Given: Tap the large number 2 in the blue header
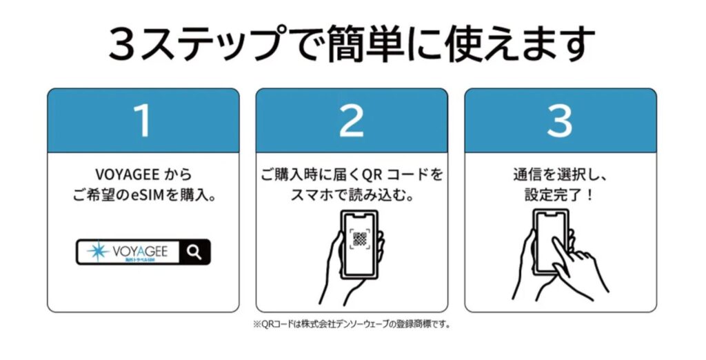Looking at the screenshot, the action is coord(351,120).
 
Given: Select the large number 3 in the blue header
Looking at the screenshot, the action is coord(560,120).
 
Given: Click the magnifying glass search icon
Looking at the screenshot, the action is coord(194,252).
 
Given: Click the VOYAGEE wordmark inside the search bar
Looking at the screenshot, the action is coord(140,251).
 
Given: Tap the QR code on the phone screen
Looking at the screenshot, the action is coord(360,239).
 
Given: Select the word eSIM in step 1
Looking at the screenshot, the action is coord(148,196).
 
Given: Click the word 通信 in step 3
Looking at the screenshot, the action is coord(526,174).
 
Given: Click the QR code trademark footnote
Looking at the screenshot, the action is coord(352,324).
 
